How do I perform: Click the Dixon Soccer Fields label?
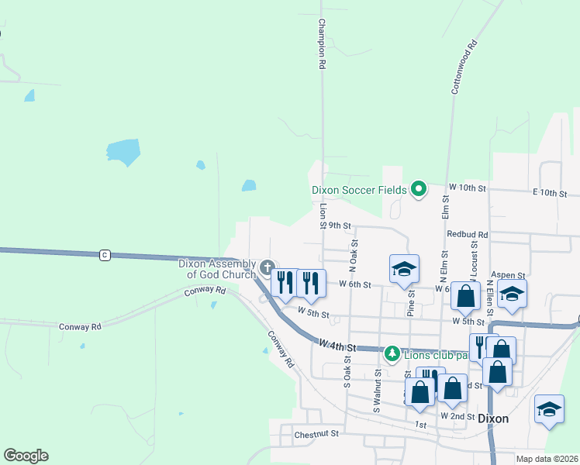359,190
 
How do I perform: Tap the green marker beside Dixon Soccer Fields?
419,188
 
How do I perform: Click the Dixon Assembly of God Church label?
217,269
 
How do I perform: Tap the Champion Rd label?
320,45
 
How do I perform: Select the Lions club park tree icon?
392,354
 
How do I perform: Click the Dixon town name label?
493,418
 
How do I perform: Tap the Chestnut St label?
317,435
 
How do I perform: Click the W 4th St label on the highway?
335,345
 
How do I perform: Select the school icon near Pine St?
404,269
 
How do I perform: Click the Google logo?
26,456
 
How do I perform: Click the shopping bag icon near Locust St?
465,296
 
